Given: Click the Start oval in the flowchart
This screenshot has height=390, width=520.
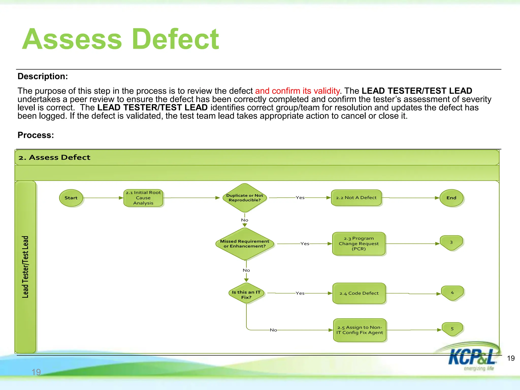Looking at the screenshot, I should (x=71, y=198).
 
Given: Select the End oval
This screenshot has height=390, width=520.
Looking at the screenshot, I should (x=451, y=198).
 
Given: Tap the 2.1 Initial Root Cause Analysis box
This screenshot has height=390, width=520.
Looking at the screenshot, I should (x=143, y=198).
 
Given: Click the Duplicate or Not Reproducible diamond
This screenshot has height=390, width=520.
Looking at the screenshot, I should (x=245, y=198).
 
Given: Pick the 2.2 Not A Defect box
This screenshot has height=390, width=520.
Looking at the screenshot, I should (x=356, y=198).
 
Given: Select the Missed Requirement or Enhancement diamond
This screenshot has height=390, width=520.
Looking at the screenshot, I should (x=245, y=244).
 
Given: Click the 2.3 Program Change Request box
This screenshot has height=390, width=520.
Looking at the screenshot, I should (x=359, y=243).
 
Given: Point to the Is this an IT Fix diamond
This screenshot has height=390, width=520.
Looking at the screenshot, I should (x=246, y=294).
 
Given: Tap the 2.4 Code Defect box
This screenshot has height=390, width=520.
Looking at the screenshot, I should (x=359, y=293).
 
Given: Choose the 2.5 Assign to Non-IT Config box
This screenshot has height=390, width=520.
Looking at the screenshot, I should (x=360, y=330).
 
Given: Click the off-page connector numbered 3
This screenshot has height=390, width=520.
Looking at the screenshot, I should (x=451, y=242).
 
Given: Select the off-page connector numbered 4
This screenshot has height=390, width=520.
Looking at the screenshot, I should (x=452, y=293).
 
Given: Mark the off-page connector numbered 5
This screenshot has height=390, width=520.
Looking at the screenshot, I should (x=452, y=329).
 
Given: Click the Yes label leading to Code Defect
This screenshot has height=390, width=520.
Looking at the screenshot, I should (x=300, y=293).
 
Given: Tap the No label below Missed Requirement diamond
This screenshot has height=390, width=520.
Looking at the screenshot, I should (x=246, y=270).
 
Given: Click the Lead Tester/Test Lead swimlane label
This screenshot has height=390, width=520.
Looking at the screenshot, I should (x=25, y=267).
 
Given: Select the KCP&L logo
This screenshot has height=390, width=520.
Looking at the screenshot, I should (x=472, y=357).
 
